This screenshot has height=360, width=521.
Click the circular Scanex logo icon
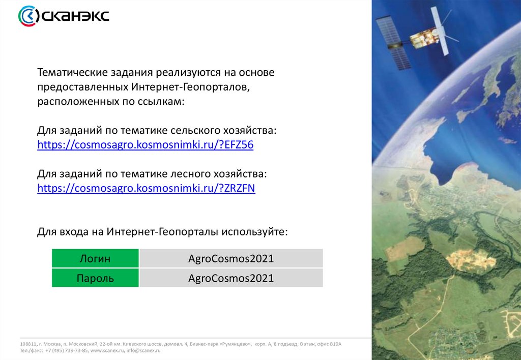pyautogui.click(x=28, y=16)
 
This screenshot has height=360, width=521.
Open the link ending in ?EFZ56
pyautogui.click(x=145, y=145)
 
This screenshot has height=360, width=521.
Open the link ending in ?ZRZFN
pyautogui.click(x=146, y=188)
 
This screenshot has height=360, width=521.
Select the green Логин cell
pyautogui.click(x=95, y=258)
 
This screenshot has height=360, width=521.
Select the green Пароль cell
pyautogui.click(x=95, y=278)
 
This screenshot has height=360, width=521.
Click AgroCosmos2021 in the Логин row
pyautogui.click(x=231, y=258)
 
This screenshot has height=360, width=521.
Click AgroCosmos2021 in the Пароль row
pyautogui.click(x=231, y=278)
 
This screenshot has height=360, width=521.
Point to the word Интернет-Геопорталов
pyautogui.click(x=190, y=87)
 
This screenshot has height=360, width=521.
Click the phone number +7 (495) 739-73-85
pyautogui.click(x=67, y=350)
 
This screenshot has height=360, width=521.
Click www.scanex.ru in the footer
pyautogui.click(x=107, y=350)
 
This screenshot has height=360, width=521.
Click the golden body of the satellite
pyautogui.click(x=424, y=37)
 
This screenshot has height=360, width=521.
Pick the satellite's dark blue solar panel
pyautogui.click(x=394, y=43)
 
